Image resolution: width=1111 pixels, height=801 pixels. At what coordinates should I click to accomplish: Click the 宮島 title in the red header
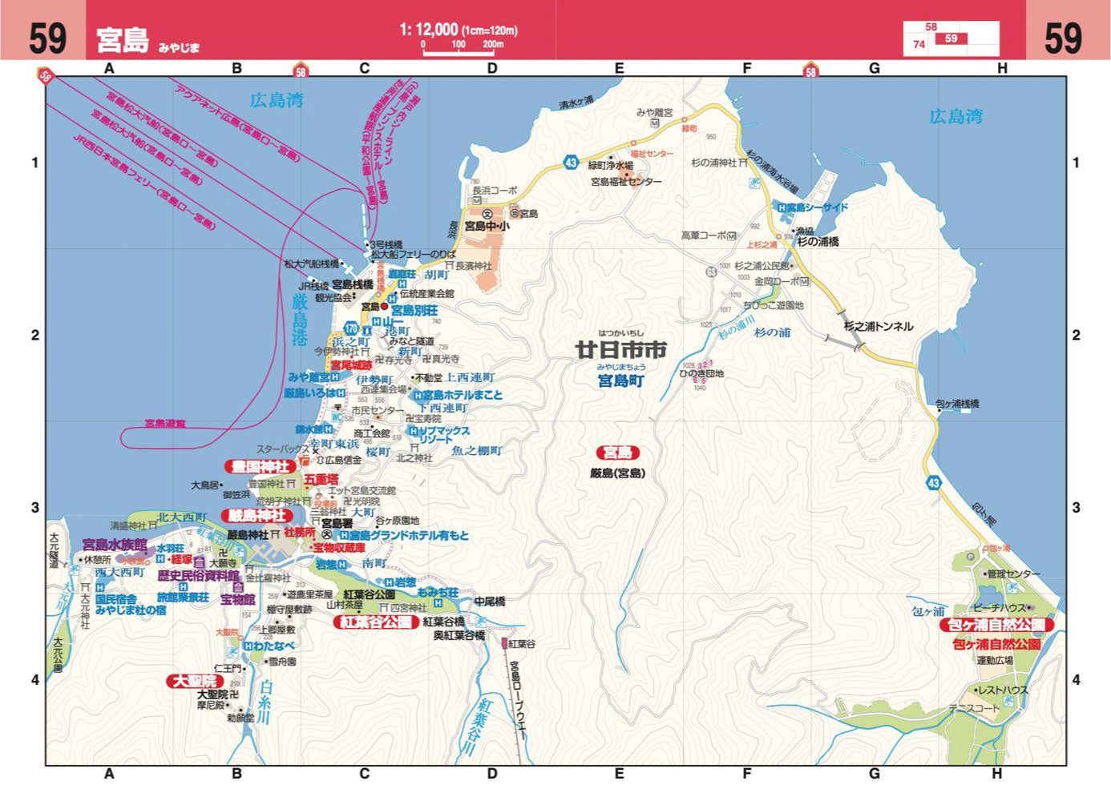[123, 39]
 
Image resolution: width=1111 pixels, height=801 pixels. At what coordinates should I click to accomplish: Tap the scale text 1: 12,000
[429, 30]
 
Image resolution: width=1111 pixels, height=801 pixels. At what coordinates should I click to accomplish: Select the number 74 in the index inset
[919, 45]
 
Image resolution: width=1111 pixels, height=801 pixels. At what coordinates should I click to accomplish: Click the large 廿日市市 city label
[621, 350]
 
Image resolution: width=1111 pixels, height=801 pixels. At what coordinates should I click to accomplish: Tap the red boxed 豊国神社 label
[260, 466]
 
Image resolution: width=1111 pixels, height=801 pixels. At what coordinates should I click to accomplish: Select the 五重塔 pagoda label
[321, 479]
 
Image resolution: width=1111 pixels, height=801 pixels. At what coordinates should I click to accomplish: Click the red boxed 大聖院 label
[196, 681]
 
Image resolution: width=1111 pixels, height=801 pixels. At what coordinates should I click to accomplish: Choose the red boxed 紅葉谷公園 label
[376, 622]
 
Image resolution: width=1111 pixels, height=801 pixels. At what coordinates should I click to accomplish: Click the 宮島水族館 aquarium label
[115, 545]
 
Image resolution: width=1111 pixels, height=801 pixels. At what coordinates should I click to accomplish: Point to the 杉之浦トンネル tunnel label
[878, 326]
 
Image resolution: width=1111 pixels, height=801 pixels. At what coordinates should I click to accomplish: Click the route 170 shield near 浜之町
[351, 328]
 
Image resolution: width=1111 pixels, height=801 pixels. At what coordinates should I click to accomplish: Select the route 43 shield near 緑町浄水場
[570, 162]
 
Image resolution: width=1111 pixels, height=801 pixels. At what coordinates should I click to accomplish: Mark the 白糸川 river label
[265, 701]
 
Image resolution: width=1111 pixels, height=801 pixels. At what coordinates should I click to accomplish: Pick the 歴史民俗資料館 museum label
[198, 576]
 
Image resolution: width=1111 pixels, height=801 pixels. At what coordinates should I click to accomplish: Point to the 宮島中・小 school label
[487, 227]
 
